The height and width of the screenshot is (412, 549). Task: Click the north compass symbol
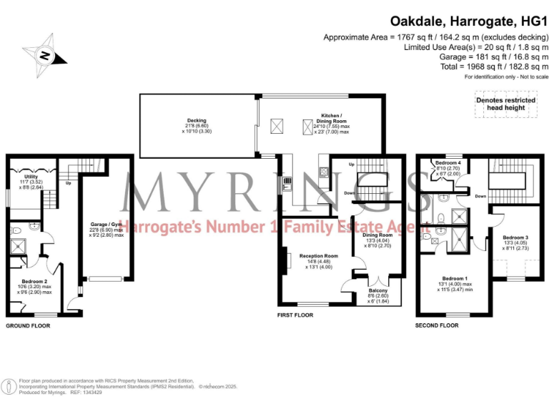tap(45, 54)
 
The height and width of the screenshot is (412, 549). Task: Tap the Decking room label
tap(197, 121)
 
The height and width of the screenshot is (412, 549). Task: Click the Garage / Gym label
tap(104, 224)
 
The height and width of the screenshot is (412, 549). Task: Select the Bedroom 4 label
tap(448, 163)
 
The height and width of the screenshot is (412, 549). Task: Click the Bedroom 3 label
tap(515, 237)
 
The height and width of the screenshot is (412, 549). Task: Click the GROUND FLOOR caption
tap(27, 326)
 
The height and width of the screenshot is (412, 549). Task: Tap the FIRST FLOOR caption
tap(296, 315)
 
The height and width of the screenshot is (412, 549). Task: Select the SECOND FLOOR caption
tap(437, 325)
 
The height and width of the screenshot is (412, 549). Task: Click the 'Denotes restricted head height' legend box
tap(505, 104)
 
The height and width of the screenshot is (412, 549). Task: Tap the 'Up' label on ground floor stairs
tap(68, 182)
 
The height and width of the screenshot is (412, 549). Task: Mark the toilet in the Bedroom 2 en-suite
tap(35, 226)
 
